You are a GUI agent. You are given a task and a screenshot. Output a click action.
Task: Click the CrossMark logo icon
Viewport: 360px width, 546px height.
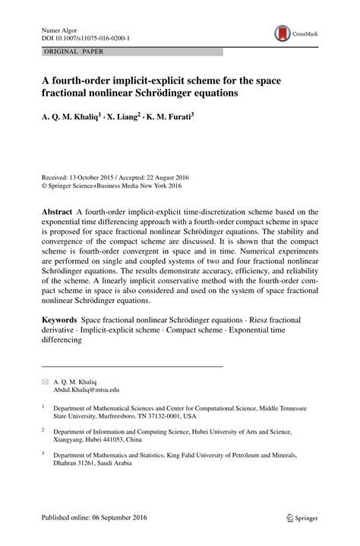[x=283, y=33]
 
